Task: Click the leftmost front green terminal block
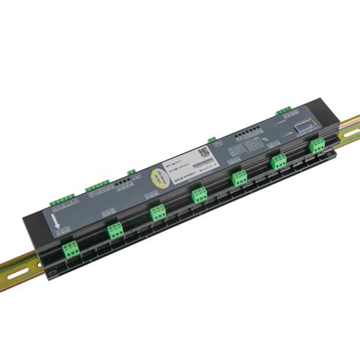[x=71, y=248]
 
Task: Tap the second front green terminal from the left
[x=115, y=230]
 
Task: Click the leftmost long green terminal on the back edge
[x=60, y=203]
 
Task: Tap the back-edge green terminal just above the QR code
[x=212, y=140]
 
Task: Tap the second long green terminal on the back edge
[x=96, y=185]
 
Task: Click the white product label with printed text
[x=186, y=164]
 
